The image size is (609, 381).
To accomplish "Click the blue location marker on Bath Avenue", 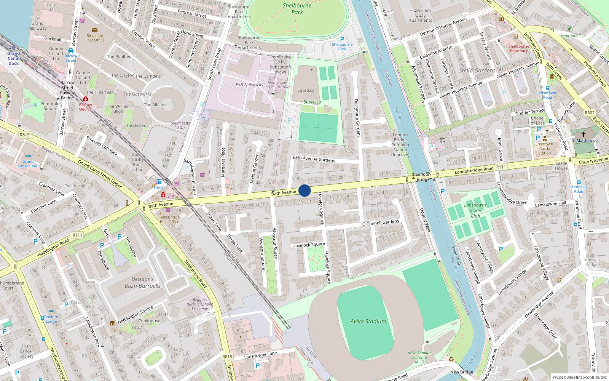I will pos(304,190).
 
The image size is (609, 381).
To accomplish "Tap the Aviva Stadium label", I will pos(368,322).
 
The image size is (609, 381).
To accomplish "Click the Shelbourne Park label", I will pos(297,9).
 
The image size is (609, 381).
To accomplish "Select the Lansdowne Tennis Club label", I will pos(475,210).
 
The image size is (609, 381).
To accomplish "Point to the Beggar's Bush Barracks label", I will pos(143,282).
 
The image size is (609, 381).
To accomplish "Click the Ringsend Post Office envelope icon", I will pos(94,29).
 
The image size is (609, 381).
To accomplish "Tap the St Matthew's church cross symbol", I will pos(583,134).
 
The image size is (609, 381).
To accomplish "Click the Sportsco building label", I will pos(306,91).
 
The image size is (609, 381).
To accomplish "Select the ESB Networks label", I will pos(249,85).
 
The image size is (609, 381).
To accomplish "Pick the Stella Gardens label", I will pos(477,70).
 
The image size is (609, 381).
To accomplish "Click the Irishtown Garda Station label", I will pos(544,149).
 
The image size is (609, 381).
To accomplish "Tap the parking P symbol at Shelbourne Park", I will pos(342,39).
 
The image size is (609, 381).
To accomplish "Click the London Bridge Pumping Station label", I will pos(400,145).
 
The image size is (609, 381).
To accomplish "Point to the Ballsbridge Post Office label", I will pos(169,219).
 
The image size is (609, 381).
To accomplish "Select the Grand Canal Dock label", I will pos(13,58).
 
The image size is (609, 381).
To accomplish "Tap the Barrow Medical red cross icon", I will pos(86,99).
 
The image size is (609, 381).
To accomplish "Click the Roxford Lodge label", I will pos(51,319).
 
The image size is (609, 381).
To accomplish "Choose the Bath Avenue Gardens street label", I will pos(314,158).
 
